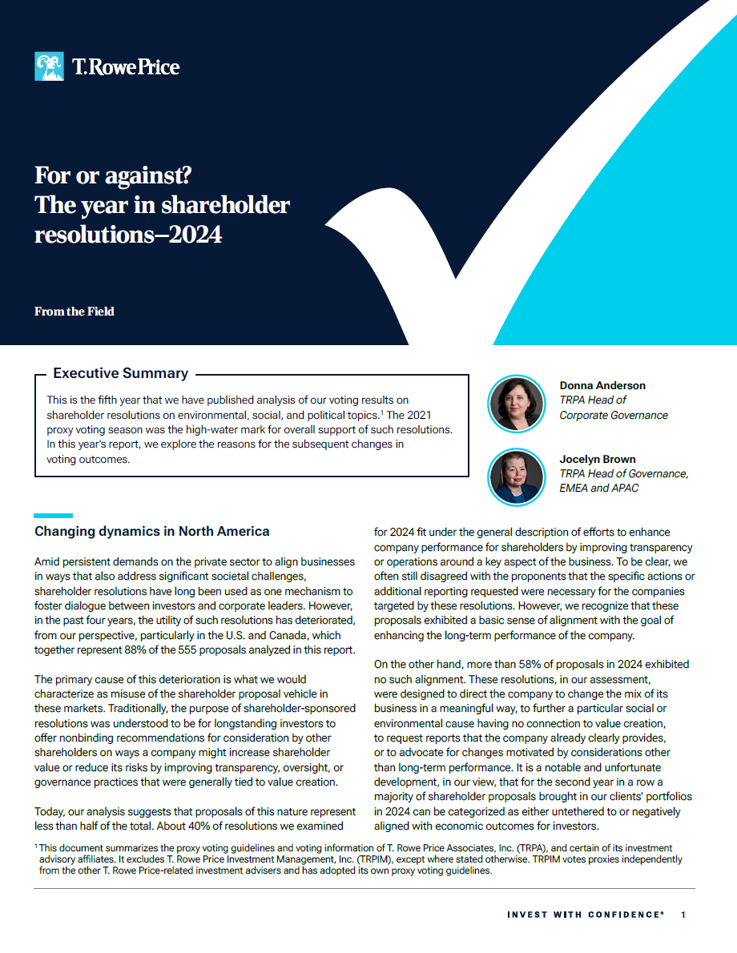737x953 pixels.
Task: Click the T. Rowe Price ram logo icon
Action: (49, 66)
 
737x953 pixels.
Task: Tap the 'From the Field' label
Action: (74, 312)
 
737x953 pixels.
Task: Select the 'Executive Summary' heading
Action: (120, 373)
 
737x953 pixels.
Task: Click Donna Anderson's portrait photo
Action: (516, 404)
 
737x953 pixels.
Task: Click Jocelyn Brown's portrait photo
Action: (516, 477)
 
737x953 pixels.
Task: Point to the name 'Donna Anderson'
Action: (602, 385)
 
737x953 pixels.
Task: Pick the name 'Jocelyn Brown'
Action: (598, 459)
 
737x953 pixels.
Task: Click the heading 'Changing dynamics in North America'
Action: (152, 531)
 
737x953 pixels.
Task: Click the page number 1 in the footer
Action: (683, 915)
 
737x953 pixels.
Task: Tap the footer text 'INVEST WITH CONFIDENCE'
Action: (586, 915)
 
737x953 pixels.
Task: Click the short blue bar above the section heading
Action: (54, 516)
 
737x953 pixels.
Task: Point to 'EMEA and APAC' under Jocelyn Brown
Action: (599, 488)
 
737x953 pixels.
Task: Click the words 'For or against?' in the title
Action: (113, 175)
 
